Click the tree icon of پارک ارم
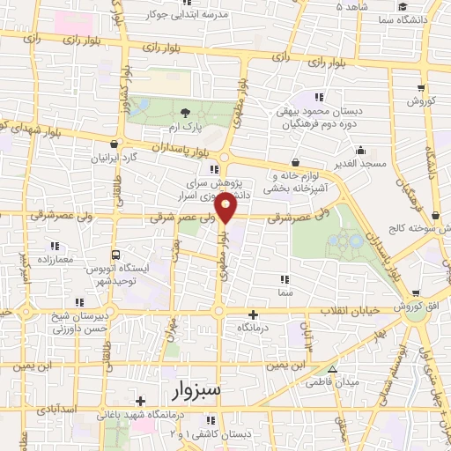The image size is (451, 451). [185, 112]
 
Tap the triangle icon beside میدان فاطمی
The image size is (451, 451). [332, 368]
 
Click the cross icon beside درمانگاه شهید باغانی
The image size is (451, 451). [140, 402]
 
